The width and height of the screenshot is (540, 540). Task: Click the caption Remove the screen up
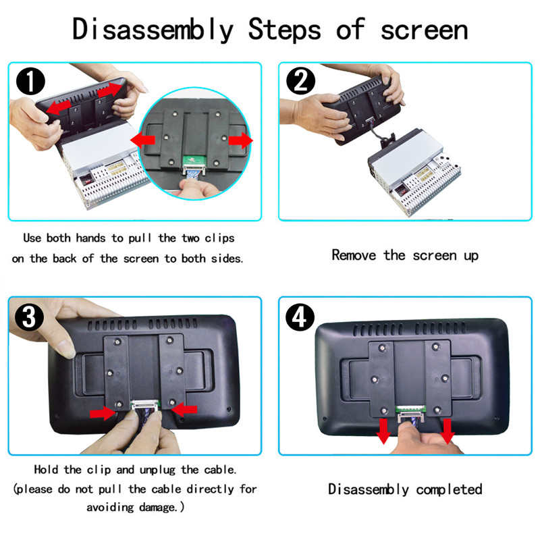click(405, 255)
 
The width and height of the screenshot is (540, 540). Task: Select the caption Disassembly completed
click(405, 489)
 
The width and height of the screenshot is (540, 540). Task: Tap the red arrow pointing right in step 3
click(103, 411)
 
